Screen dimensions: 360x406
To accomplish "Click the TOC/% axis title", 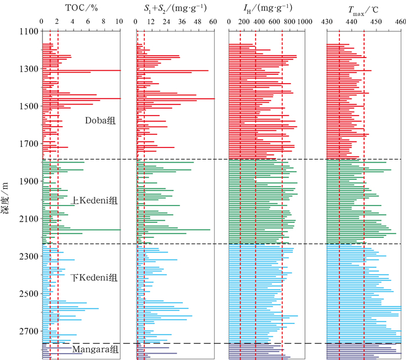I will click(80, 8).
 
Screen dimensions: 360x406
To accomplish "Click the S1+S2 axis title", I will click(173, 8).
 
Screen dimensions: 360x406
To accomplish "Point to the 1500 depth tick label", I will click(27, 106).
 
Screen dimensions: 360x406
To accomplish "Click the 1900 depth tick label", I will click(27, 181).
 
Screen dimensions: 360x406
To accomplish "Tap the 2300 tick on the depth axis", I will click(27, 256).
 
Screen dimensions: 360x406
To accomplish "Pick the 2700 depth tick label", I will click(27, 332).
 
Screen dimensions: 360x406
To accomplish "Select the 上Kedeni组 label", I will click(94, 201).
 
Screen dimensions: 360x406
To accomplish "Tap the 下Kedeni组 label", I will click(94, 277).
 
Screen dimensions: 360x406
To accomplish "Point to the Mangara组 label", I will click(95, 349).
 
